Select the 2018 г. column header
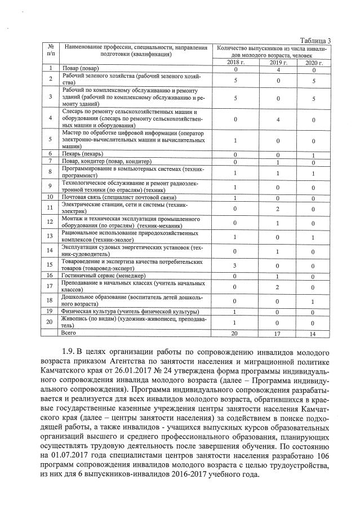click(235, 62)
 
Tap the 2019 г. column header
click(278, 62)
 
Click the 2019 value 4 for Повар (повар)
click(278, 69)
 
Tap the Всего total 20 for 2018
click(235, 334)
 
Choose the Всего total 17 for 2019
click(278, 334)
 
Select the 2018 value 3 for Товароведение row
click(235, 265)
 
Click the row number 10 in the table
click(51, 198)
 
